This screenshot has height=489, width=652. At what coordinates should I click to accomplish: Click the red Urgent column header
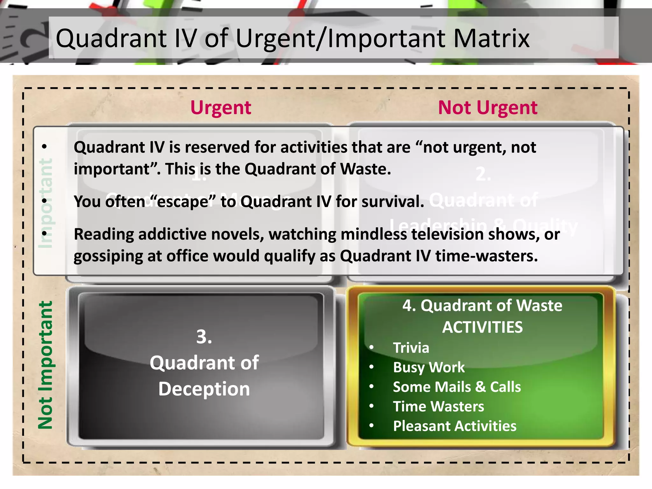[221, 108]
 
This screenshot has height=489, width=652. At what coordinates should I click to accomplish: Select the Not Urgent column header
[488, 108]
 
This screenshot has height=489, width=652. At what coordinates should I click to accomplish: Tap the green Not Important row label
[46, 365]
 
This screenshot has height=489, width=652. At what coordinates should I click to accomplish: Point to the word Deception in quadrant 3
[204, 389]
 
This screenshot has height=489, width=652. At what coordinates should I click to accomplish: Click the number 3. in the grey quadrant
[204, 337]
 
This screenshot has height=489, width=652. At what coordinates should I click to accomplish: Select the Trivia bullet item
[411, 348]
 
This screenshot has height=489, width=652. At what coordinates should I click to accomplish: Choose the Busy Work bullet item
[429, 367]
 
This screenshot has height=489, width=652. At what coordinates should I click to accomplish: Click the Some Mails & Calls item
[457, 387]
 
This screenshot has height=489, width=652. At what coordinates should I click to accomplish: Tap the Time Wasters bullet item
[438, 407]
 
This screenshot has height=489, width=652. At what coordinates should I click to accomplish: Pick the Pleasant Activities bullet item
[455, 426]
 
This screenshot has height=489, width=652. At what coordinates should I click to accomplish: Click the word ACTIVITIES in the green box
[482, 327]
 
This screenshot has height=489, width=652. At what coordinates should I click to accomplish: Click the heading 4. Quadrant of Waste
[482, 306]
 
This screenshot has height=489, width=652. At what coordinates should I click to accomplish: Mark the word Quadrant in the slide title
[111, 39]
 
